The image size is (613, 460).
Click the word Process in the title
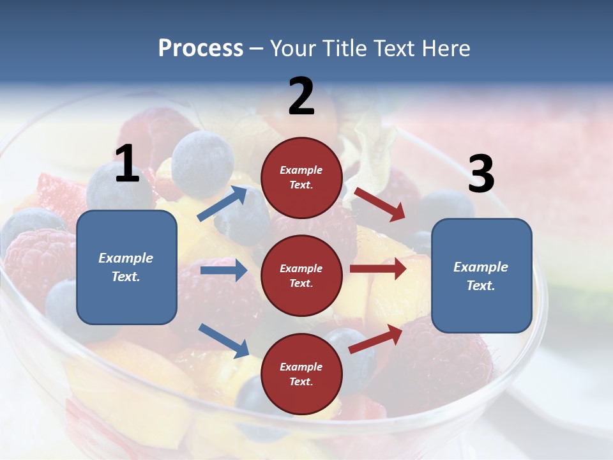click(x=201, y=49)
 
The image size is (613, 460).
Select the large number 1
click(x=127, y=164)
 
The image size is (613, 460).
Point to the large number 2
click(x=301, y=97)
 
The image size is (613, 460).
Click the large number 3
click(x=481, y=174)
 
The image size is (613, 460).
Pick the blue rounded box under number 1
click(x=126, y=267)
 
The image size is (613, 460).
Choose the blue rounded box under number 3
click(x=481, y=275)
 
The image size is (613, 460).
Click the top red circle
click(x=301, y=178)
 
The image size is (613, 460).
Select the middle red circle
click(x=301, y=275)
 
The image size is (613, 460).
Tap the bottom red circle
click(x=301, y=374)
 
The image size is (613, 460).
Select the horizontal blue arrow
click(x=223, y=270)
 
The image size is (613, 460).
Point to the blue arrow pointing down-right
click(x=223, y=340)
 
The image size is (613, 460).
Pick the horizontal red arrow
click(x=377, y=269)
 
